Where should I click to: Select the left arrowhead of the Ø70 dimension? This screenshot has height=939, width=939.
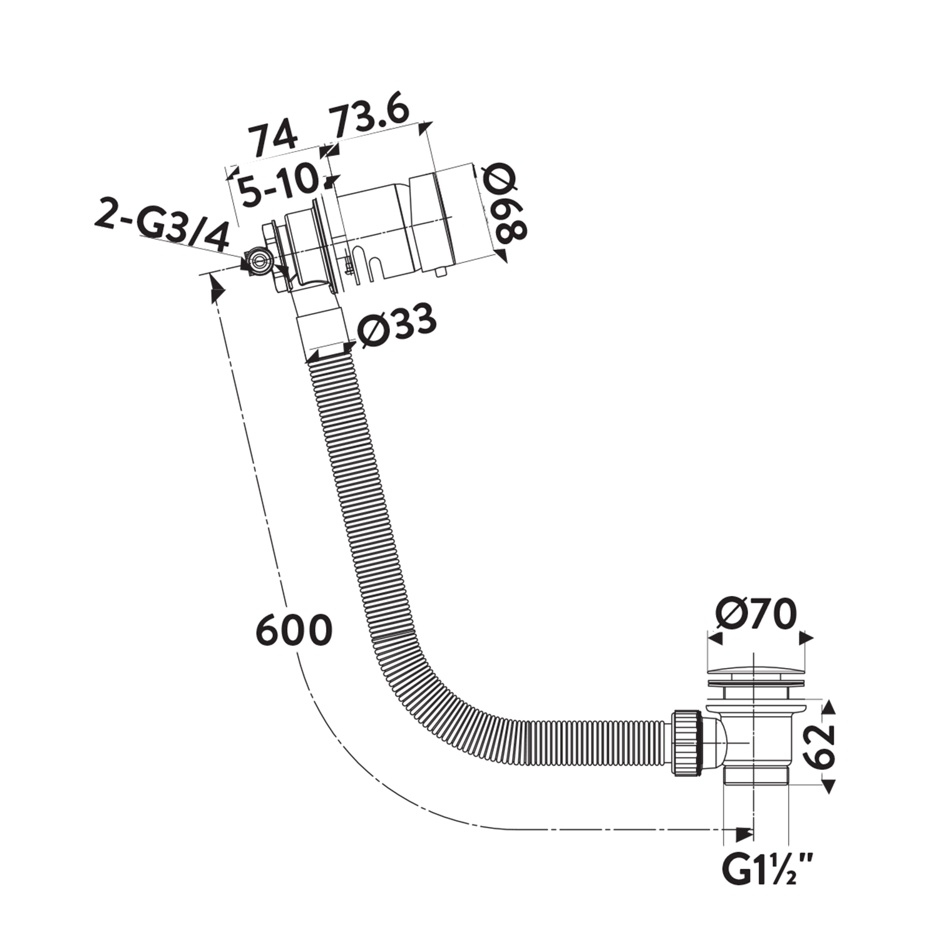(x=715, y=638)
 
